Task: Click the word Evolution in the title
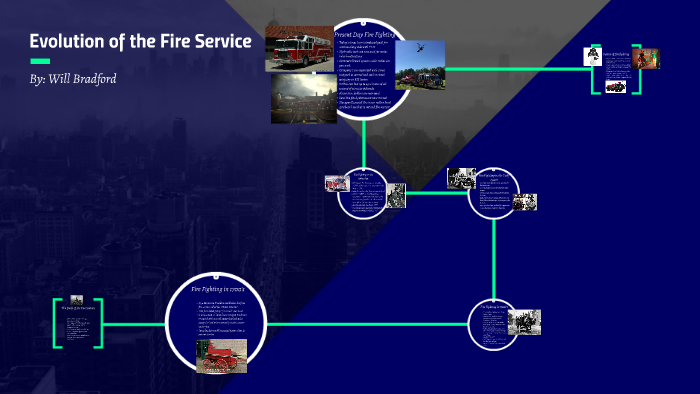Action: tap(68, 42)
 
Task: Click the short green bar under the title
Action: tap(40, 61)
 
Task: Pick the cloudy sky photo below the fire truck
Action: tap(304, 100)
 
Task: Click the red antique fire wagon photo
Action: tap(221, 355)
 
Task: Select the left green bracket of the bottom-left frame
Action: tap(56, 323)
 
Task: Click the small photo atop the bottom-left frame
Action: tap(76, 298)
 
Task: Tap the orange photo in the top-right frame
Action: tap(649, 59)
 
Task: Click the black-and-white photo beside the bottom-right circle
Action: tap(524, 322)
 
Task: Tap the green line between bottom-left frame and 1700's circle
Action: tap(135, 324)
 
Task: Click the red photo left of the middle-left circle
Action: tap(335, 184)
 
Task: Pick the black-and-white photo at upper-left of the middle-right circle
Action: tap(460, 178)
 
